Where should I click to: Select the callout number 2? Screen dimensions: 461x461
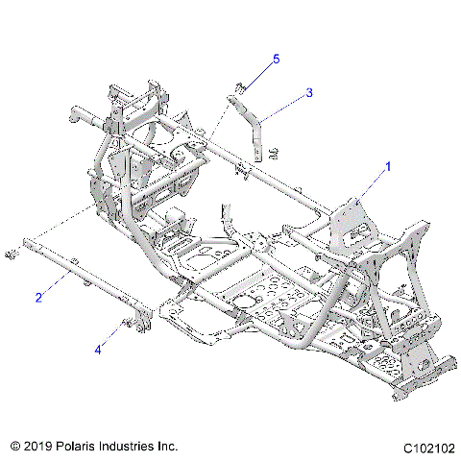tap(38, 297)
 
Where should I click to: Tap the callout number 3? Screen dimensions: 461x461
tap(309, 93)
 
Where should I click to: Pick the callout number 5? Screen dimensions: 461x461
tap(276, 60)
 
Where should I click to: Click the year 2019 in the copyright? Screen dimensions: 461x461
tap(40, 447)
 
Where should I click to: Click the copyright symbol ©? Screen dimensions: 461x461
tap(15, 447)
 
